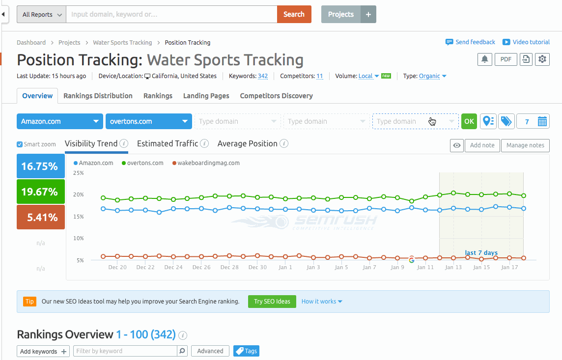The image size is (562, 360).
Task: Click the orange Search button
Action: tap(294, 14)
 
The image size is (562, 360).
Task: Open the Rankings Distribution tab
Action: tap(98, 96)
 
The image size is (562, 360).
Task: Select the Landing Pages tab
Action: tap(206, 96)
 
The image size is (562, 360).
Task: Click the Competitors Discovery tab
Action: tap(276, 96)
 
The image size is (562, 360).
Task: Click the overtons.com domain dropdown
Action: tap(148, 121)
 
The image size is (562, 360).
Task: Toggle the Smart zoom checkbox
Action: tap(20, 144)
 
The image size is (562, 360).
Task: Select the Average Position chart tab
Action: tap(247, 143)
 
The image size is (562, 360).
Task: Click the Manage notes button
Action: tap(525, 145)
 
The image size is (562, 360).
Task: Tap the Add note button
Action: tap(482, 145)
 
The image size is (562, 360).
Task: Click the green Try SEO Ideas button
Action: tap(272, 302)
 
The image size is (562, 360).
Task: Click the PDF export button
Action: tap(506, 59)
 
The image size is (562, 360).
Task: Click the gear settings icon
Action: tap(542, 59)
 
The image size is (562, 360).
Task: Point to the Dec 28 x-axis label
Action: tap(229, 268)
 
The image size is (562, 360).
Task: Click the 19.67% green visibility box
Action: tap(41, 192)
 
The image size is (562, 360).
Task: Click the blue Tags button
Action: tap(246, 351)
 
